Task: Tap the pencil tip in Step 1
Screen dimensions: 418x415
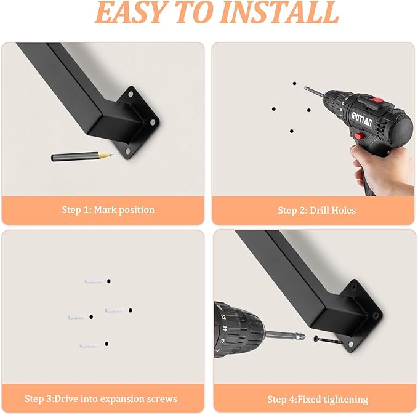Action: coord(113,155)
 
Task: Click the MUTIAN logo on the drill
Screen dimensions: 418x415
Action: coord(362,119)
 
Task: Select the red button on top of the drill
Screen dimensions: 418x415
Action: coord(377,100)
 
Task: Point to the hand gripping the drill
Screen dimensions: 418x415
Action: coord(381,169)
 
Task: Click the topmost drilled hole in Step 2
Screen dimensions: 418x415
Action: coord(294,84)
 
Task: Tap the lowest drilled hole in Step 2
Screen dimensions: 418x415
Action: coord(292,131)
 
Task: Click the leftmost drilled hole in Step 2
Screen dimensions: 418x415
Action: coord(273,109)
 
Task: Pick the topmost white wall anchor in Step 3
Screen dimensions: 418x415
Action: coord(94,281)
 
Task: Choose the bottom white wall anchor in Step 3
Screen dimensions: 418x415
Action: coord(89,345)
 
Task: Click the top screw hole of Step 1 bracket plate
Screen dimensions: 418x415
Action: coord(131,94)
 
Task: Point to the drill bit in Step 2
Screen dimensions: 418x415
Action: coord(314,92)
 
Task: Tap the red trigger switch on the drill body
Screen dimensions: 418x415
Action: coord(360,136)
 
